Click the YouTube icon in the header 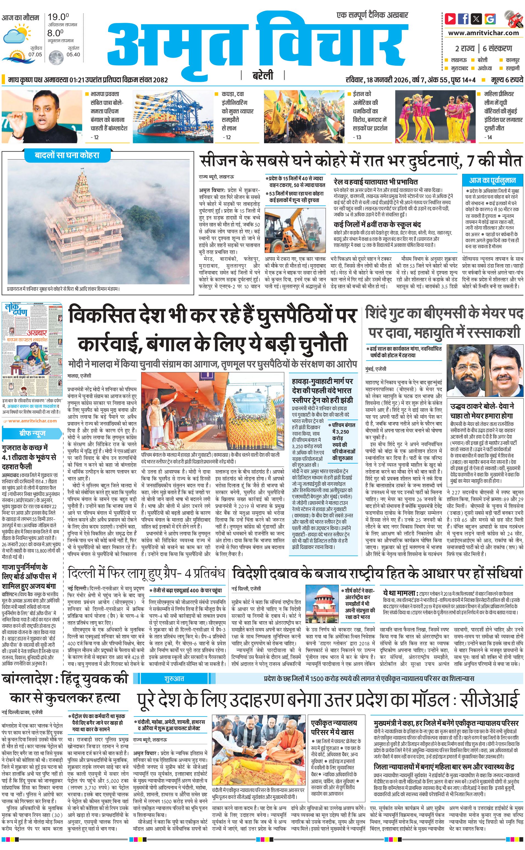click(450, 18)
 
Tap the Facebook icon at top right click(463, 18)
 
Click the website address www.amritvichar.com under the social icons click(483, 33)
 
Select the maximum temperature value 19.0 click(58, 17)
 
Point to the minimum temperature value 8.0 click(56, 33)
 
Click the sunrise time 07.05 click(35, 55)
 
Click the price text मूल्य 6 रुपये click(507, 80)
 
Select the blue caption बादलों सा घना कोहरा click(67, 155)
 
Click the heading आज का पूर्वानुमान click(492, 180)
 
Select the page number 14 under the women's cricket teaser click(490, 137)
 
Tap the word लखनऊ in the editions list click(459, 60)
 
